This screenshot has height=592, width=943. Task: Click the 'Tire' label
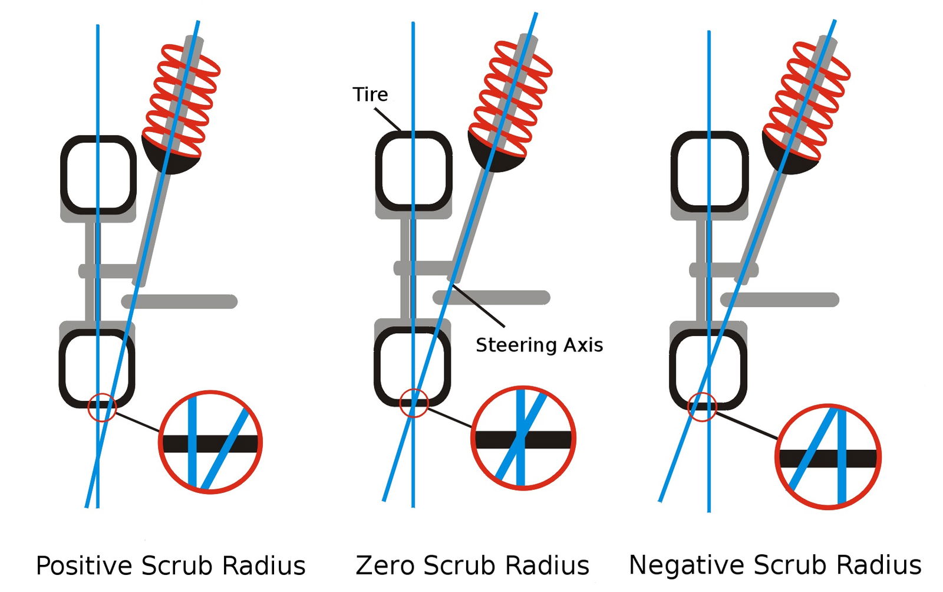point(370,94)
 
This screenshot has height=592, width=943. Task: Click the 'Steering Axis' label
point(539,345)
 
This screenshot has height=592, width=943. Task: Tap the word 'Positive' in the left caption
point(83,565)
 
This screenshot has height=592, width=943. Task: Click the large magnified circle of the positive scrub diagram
point(210,442)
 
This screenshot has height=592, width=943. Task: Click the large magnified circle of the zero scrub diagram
point(523,439)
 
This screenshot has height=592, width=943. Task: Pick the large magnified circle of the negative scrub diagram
point(827,457)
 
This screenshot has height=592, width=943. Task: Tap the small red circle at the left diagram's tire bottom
point(102,407)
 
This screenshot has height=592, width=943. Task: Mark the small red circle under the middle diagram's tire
point(414,403)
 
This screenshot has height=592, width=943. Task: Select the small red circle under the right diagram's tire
point(702,407)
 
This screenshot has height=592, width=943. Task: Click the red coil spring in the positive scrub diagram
point(182,97)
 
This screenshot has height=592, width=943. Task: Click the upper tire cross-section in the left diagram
point(98,175)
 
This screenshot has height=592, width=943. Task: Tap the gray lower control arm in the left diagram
point(180,301)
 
